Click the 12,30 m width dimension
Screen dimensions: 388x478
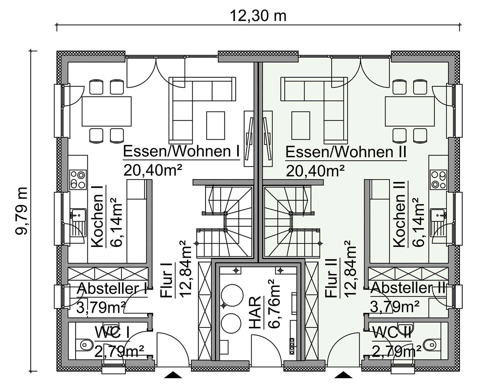[258, 16]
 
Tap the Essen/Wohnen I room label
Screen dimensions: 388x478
[181, 152]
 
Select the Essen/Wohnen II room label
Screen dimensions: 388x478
[346, 152]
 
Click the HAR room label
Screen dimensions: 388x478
[255, 312]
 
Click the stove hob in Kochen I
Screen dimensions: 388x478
[78, 180]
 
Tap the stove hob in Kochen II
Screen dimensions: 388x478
[439, 180]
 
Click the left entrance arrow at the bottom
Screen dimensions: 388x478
[173, 375]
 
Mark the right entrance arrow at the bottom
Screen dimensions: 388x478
[344, 375]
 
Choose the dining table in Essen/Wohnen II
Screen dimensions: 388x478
[410, 111]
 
